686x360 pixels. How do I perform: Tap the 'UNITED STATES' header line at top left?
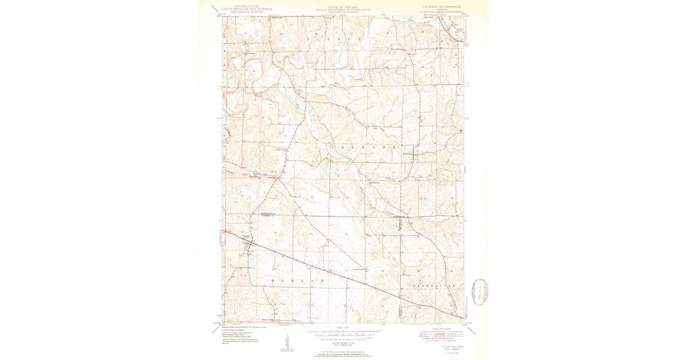[x=240, y=5]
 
